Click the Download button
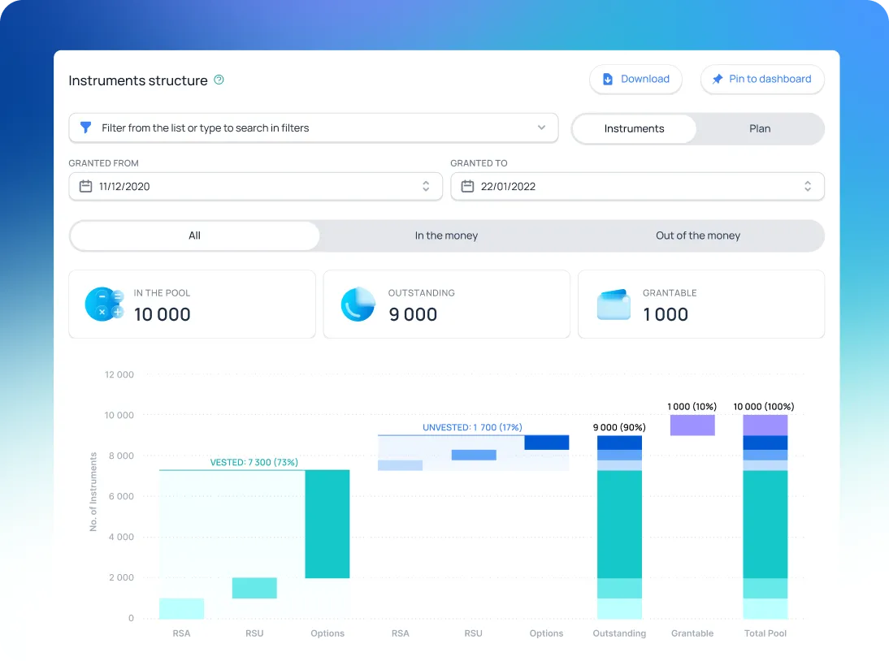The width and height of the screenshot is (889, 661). pos(635,80)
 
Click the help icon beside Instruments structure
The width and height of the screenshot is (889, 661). pos(219,80)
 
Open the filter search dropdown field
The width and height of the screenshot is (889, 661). pos(313,128)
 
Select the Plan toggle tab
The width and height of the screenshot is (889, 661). pos(760,129)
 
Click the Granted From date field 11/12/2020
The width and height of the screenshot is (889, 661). pos(255,187)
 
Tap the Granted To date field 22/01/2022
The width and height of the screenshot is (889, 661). pos(637,187)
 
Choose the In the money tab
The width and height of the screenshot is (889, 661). pos(446,236)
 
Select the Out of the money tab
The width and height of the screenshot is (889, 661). pos(698,236)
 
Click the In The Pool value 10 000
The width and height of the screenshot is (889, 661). pos(163,315)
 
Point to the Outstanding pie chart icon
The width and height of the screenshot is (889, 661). pos(358,305)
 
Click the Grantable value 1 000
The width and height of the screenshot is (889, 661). pos(666,315)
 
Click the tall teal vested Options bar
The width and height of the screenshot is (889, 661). pos(327,524)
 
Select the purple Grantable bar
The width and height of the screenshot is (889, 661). pos(692,426)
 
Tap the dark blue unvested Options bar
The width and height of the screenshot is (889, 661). pos(546,443)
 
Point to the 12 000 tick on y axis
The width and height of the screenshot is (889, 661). pos(119,375)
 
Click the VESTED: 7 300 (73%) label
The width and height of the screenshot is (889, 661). pos(254,463)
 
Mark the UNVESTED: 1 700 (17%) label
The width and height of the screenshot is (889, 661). pos(472,427)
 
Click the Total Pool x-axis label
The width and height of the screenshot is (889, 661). pos(765,633)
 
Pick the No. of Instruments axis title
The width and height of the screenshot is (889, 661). pos(93,492)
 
